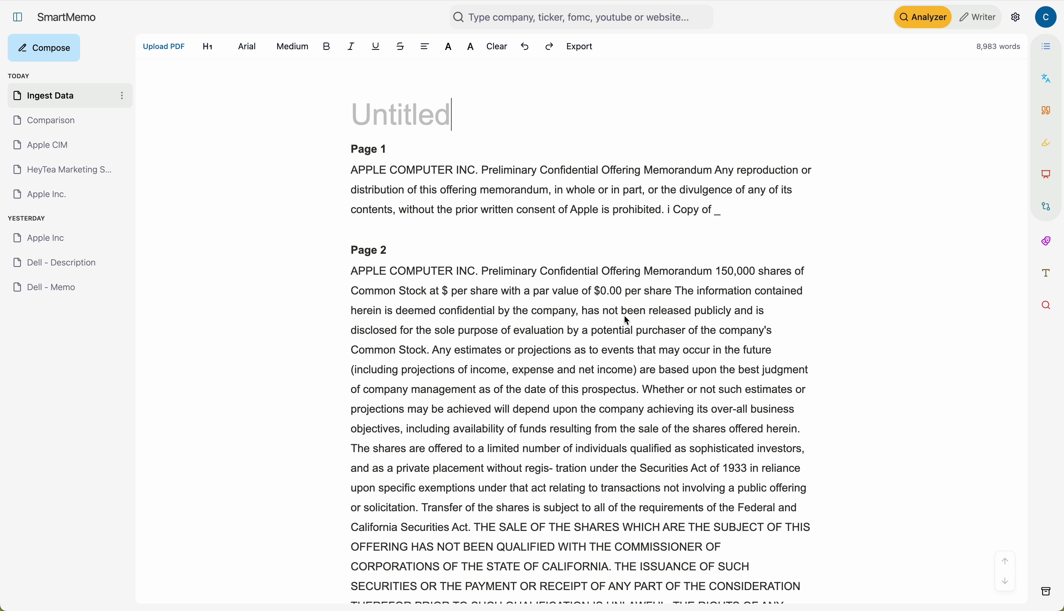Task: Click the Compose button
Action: (x=44, y=48)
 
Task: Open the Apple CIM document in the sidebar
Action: (x=47, y=145)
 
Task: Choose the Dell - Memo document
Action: (x=51, y=287)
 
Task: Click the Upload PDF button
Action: (x=163, y=47)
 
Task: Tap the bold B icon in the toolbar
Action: (x=327, y=47)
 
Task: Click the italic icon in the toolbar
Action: (x=351, y=47)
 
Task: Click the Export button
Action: (x=579, y=47)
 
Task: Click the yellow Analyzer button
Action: (x=922, y=17)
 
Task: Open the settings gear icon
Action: (x=1015, y=17)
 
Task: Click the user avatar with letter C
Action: (x=1046, y=17)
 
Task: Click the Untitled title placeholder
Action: (x=401, y=115)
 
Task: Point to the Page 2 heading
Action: (x=369, y=250)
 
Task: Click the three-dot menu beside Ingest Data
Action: (x=122, y=96)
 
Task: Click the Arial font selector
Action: (x=247, y=47)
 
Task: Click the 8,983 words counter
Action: (x=998, y=47)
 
